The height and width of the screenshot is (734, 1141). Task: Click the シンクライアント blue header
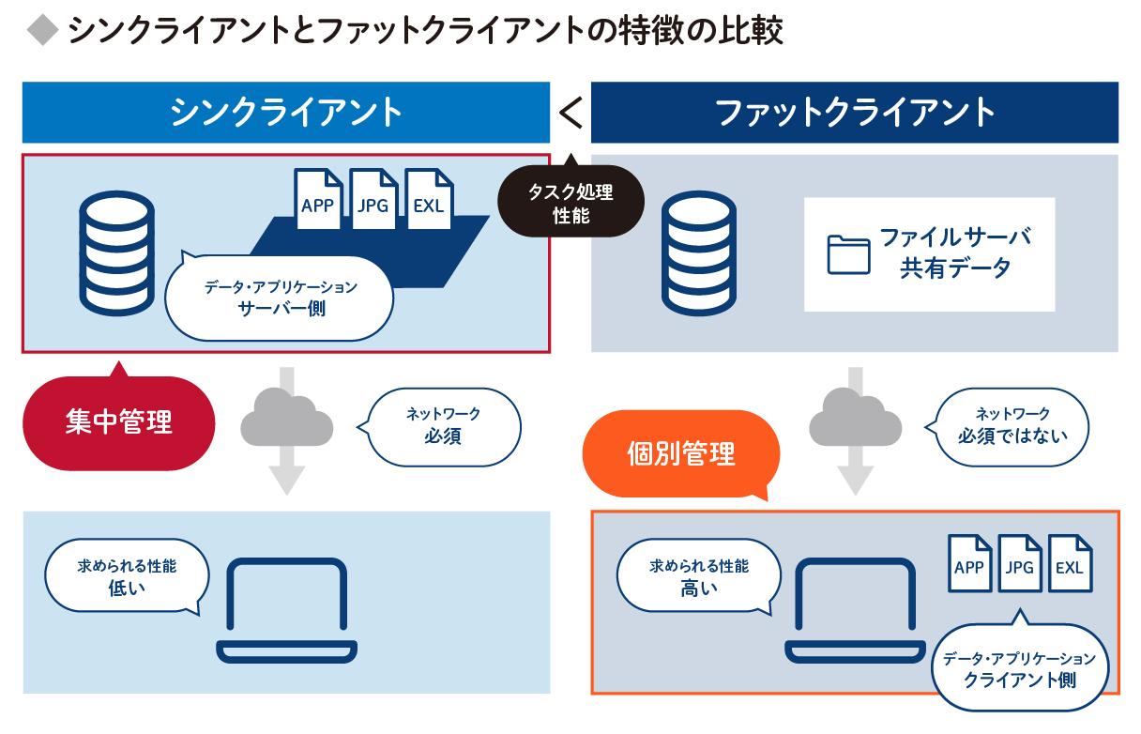coord(285,113)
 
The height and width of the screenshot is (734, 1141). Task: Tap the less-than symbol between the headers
coord(570,114)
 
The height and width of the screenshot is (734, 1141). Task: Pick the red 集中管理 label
coord(119,422)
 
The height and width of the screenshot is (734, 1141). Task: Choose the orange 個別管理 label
coord(681,455)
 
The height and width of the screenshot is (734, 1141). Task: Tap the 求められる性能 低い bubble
coord(127,577)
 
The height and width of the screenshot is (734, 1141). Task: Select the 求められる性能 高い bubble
coord(699,577)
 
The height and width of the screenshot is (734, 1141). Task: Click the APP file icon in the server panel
coord(317,199)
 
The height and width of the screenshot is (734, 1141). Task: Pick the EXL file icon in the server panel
coord(428,199)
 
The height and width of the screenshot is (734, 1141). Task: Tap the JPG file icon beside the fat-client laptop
coord(1019,564)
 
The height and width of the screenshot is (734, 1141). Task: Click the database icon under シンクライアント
coord(117,253)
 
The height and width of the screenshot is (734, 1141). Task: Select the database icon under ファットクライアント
coord(699,253)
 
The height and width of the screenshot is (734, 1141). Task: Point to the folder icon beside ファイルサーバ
coord(848,254)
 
